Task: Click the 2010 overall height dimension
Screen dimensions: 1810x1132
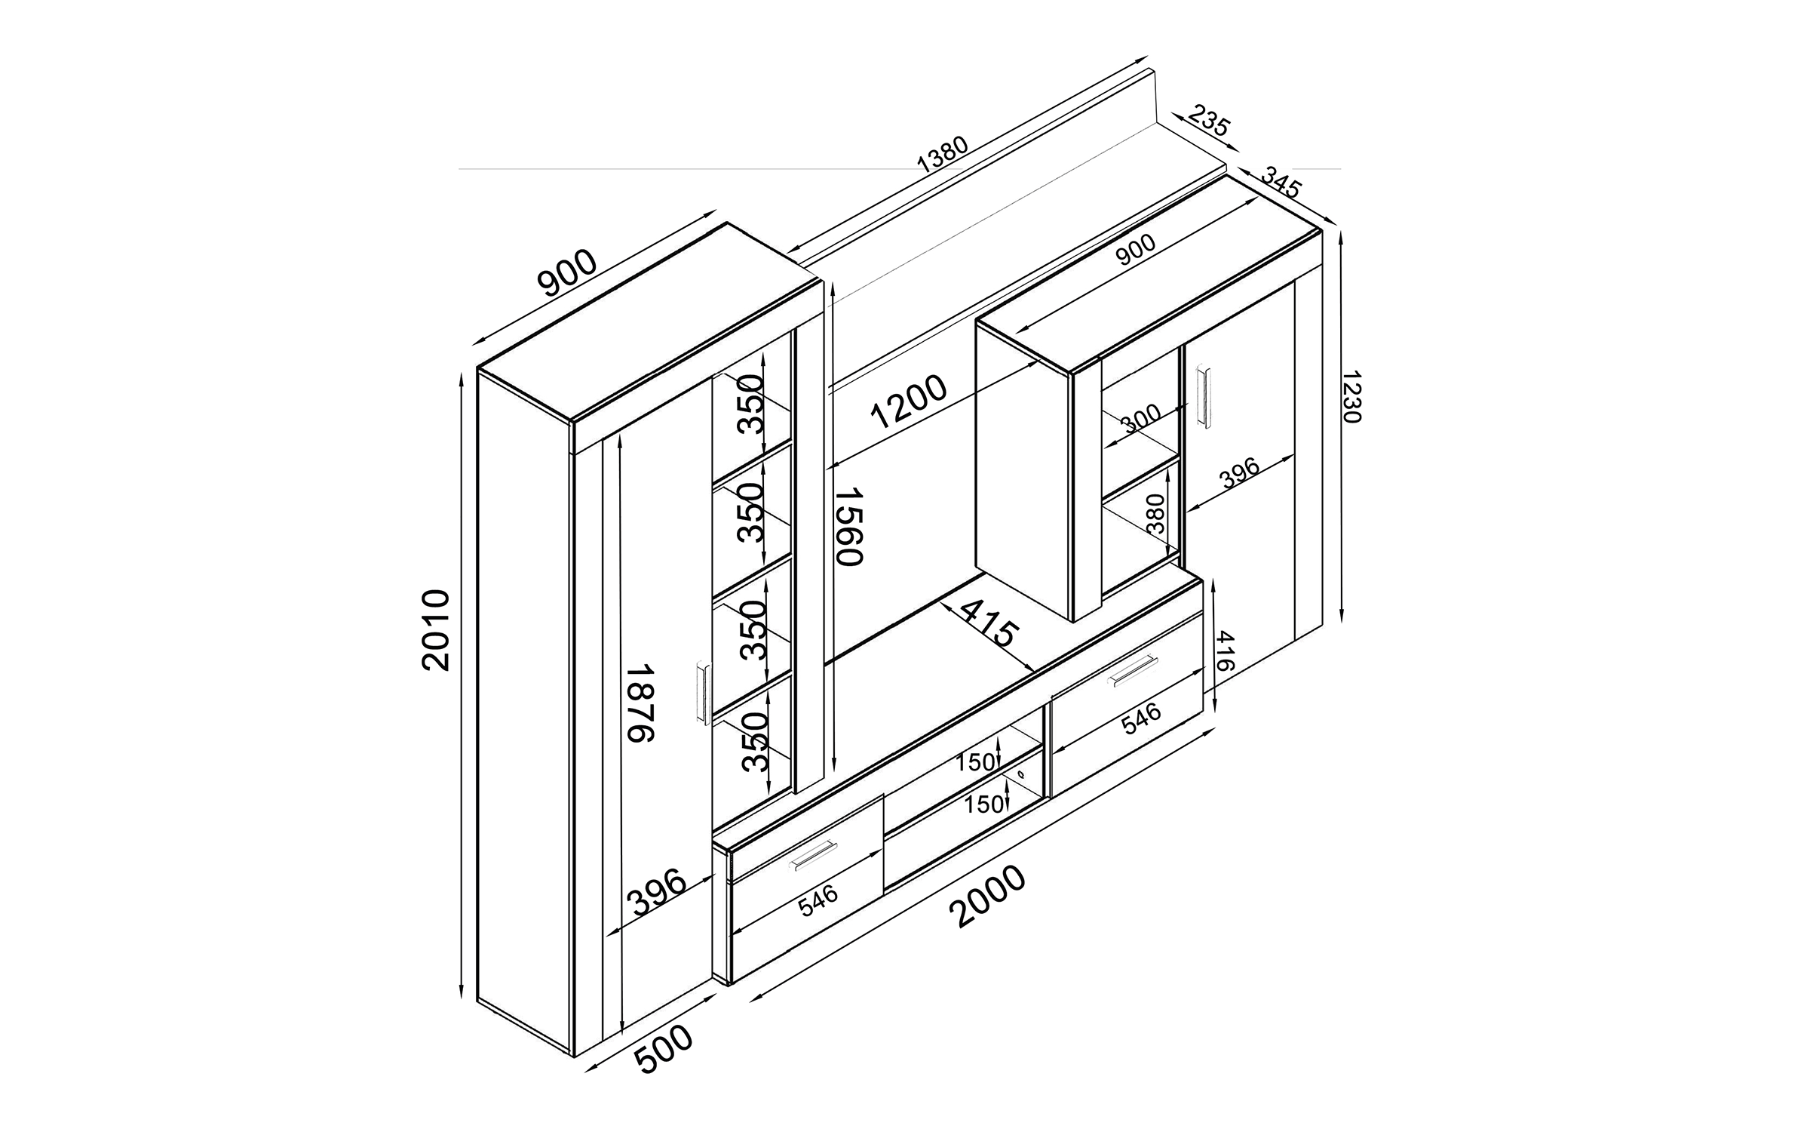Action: [x=436, y=630]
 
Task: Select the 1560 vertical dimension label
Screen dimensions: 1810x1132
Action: [x=848, y=526]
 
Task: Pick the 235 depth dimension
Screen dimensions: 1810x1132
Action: [x=1209, y=122]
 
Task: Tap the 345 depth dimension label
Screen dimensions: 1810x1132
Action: [x=1281, y=183]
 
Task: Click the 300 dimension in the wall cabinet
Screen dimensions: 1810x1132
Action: [x=1140, y=417]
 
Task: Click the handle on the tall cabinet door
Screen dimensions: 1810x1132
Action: [x=175, y=694]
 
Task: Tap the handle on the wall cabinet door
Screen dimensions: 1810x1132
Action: [x=1204, y=396]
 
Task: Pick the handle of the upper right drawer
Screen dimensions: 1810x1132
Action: [x=1134, y=671]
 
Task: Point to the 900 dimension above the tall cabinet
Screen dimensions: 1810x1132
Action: [x=567, y=272]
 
